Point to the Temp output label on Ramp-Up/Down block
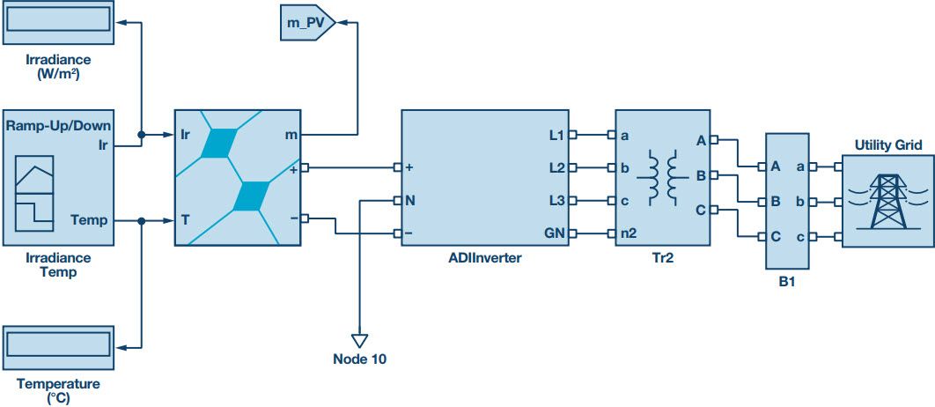[x=89, y=220]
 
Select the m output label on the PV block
[x=291, y=135]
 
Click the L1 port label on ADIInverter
[x=556, y=135]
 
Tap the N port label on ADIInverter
[x=409, y=200]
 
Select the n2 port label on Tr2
[x=629, y=233]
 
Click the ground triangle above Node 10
[x=358, y=339]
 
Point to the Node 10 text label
[x=359, y=359]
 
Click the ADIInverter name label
[x=484, y=258]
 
